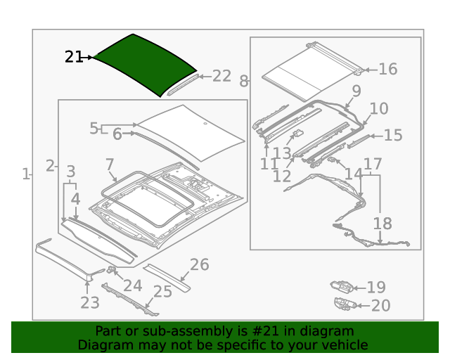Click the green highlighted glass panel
[x=144, y=63]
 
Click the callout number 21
[x=74, y=57]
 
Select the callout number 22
[x=221, y=76]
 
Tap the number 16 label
[x=387, y=69]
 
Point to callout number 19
[x=376, y=287]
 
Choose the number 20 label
[x=380, y=305]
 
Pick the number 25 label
[x=162, y=291]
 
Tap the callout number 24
[x=133, y=285]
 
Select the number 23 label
[x=89, y=303]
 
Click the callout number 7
[x=110, y=165]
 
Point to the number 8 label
[x=244, y=81]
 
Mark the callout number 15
[x=392, y=135]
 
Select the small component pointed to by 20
[x=345, y=304]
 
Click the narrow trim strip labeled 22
[x=180, y=85]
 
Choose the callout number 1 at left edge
[x=25, y=174]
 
